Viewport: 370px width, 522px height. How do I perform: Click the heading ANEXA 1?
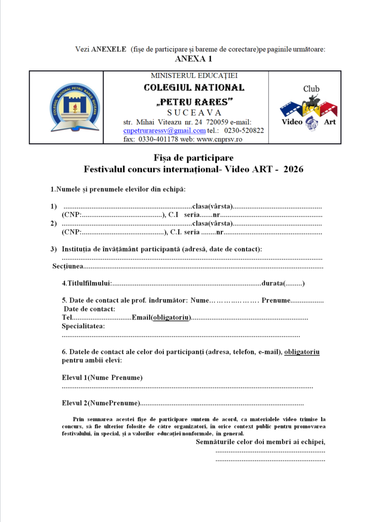[193, 59]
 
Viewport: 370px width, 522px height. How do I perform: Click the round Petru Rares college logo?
[75, 107]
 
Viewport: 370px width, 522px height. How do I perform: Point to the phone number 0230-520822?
[244, 130]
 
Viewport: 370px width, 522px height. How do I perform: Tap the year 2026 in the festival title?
[293, 169]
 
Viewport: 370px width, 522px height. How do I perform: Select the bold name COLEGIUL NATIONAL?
[194, 88]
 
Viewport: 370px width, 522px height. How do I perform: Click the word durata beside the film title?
[272, 283]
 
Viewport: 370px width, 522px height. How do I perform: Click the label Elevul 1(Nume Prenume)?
[102, 378]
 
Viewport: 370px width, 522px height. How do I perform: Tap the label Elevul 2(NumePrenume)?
[101, 403]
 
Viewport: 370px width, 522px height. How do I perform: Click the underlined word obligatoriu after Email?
[171, 318]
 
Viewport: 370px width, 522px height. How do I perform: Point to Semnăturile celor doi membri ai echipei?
[260, 442]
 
